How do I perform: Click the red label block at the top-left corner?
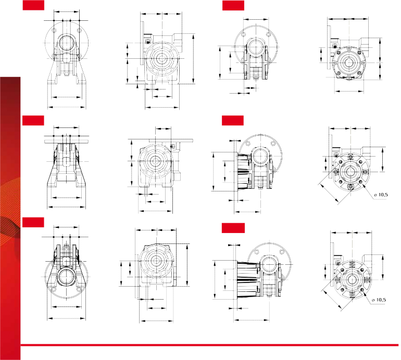(33, 5)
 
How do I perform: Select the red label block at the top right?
(233, 5)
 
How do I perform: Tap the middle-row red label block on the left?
(33, 120)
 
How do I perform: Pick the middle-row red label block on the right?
(233, 120)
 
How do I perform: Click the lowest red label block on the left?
(33, 222)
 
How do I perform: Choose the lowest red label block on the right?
(233, 228)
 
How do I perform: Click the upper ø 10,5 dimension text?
(381, 195)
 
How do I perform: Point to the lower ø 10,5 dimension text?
(379, 300)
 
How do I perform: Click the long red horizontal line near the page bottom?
(209, 345)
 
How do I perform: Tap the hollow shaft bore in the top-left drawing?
(67, 43)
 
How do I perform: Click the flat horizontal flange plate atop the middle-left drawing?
(67, 142)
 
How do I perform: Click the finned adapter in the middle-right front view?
(245, 171)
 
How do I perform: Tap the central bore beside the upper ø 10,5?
(350, 172)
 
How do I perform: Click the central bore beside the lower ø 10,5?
(352, 279)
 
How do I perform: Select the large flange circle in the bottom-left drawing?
(67, 277)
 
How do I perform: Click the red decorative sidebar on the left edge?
(10, 218)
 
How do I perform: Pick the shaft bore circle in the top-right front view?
(256, 47)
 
